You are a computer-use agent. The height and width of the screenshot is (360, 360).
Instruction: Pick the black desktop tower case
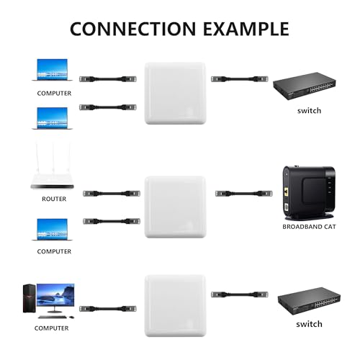click(x=27, y=300)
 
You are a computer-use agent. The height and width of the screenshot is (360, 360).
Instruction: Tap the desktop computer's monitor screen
click(x=56, y=294)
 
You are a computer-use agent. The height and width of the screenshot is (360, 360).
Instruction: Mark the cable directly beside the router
click(x=111, y=193)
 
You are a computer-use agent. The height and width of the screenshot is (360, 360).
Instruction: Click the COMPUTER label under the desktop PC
click(x=51, y=328)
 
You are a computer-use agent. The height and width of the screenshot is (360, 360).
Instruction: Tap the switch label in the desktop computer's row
click(x=310, y=324)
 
